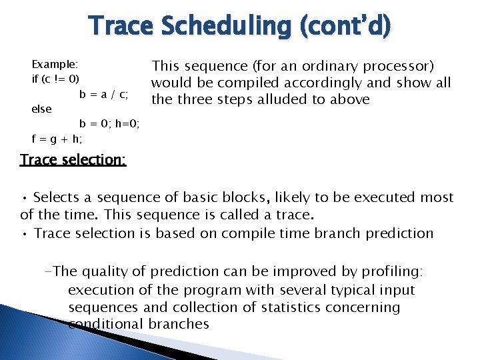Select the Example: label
[x=55, y=65]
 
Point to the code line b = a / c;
[x=104, y=94]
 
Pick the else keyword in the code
[x=41, y=109]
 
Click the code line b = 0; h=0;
[x=109, y=123]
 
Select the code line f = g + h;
[x=57, y=139]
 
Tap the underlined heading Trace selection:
[x=73, y=160]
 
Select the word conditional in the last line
[x=104, y=324]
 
